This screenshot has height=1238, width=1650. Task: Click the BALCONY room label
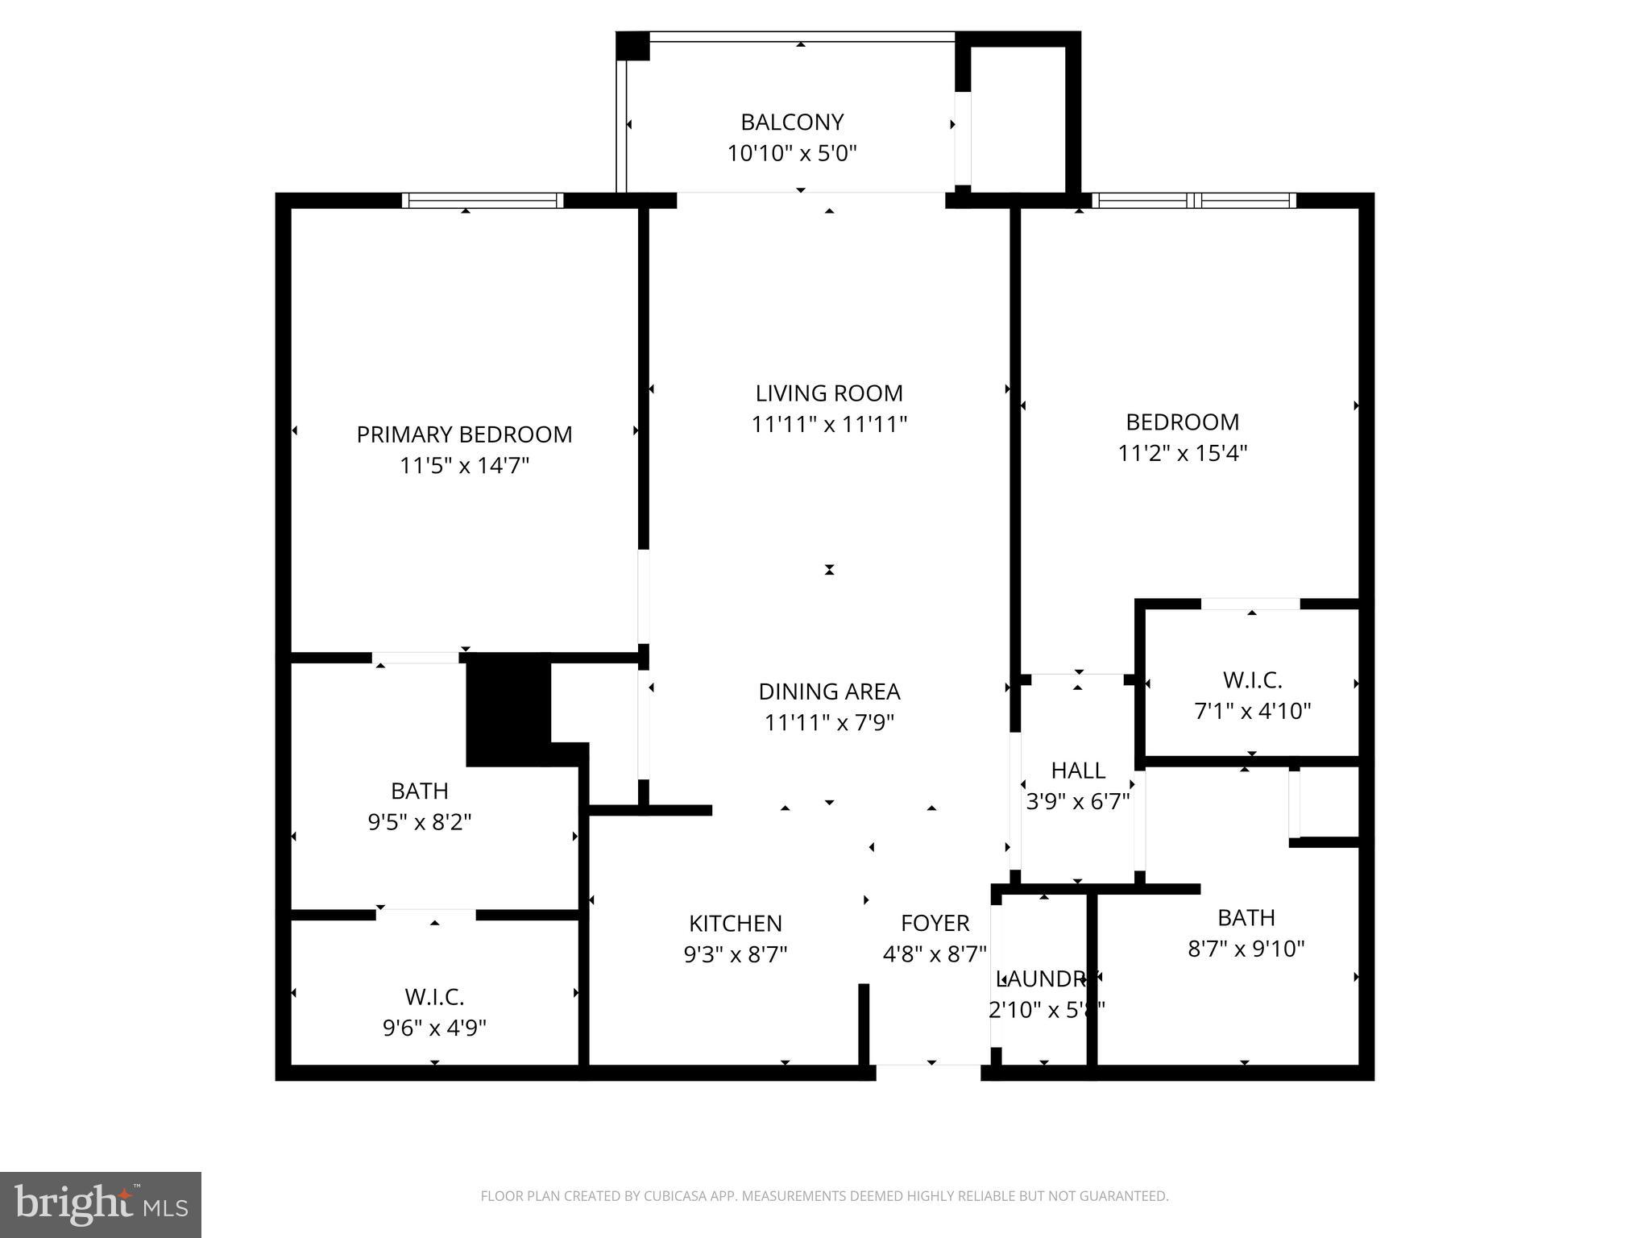792,123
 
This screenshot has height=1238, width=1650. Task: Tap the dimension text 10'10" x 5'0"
792,153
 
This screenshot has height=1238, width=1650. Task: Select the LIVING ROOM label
829,393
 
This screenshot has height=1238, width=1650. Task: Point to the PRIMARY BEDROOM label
464,434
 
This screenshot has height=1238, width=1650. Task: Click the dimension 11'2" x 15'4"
1182,453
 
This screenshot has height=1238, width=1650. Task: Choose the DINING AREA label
829,692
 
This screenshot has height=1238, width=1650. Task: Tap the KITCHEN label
735,923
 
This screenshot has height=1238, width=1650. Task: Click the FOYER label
935,923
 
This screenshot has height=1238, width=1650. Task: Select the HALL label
1078,771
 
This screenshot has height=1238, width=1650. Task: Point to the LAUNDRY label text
1043,978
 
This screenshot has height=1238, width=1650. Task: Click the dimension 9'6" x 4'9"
434,1028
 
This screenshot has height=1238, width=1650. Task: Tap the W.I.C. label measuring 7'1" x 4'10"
1252,680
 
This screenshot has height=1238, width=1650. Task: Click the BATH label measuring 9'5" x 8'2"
419,791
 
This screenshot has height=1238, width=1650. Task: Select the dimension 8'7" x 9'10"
1246,949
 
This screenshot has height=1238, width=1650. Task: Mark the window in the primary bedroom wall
482,201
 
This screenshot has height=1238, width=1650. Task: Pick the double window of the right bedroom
1193,201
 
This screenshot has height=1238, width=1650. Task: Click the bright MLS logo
101,1204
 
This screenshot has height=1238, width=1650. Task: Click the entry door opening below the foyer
928,1072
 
